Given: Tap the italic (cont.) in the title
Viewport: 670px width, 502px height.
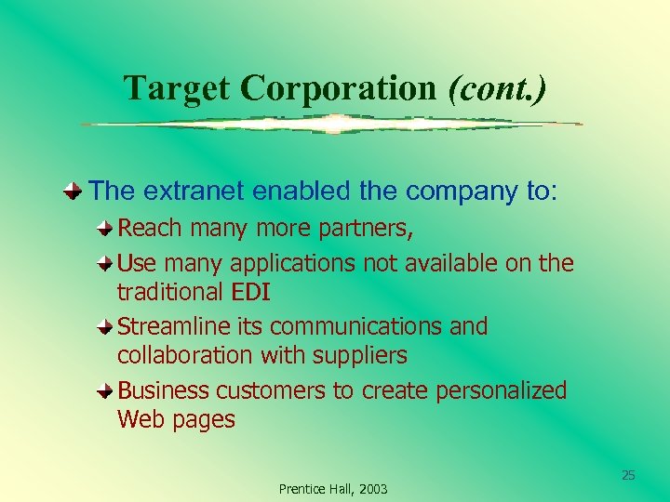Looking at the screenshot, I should click(498, 88).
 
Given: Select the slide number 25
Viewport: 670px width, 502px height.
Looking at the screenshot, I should click(628, 476).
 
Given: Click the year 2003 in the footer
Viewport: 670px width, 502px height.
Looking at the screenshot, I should click(370, 489).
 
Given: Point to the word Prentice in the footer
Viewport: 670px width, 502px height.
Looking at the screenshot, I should click(300, 489).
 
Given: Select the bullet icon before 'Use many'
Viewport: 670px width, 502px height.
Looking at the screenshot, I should click(108, 263).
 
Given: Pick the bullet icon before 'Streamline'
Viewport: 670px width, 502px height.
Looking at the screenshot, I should click(108, 327).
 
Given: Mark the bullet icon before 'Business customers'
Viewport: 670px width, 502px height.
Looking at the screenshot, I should click(108, 390).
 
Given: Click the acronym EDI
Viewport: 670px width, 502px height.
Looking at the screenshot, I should click(250, 292).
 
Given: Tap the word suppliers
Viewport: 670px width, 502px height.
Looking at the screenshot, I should click(361, 356).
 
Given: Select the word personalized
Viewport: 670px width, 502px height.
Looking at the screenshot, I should click(501, 391).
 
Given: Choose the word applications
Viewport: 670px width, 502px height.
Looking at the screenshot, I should click(292, 264).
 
